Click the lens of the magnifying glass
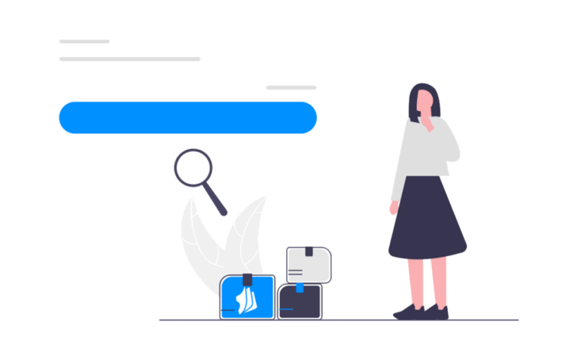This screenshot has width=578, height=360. [193, 167]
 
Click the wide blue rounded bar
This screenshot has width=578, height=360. [187, 117]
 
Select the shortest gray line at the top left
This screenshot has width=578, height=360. [84, 41]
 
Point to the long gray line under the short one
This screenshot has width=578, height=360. [129, 58]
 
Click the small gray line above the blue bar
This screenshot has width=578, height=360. [291, 88]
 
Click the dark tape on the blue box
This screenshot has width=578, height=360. [246, 280]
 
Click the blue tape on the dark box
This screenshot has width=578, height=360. [300, 288]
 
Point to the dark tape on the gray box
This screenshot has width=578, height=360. [309, 251]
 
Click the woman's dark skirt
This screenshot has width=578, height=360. [427, 218]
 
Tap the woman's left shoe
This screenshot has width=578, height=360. [409, 311]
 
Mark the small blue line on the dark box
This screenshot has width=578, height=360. [287, 310]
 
